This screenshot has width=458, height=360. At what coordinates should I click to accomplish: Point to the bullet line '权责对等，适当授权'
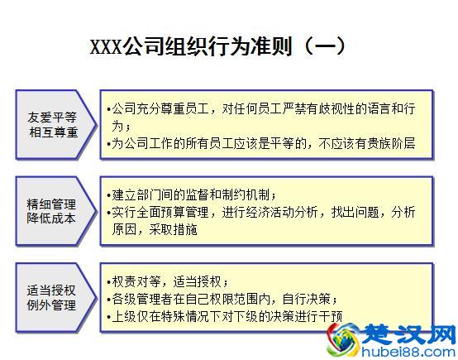click(170, 281)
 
